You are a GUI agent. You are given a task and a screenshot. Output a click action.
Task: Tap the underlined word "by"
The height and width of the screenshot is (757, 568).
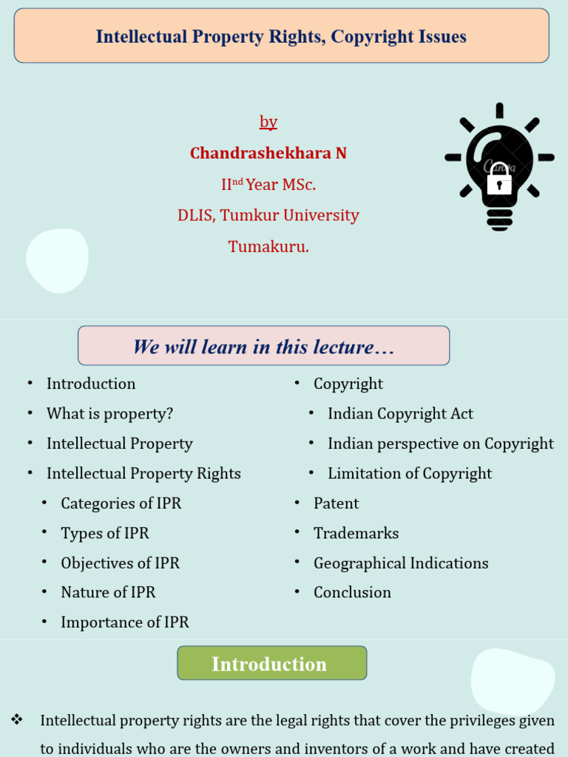click(x=268, y=122)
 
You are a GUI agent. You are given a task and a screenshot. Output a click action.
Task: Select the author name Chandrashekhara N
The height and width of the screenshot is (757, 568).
click(x=268, y=153)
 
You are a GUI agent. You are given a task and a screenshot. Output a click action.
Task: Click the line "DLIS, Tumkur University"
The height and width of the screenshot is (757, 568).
click(x=268, y=215)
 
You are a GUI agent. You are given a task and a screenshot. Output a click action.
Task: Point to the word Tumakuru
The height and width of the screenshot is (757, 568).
click(x=268, y=246)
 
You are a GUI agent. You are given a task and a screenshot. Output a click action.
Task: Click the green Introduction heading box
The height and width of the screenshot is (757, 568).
click(x=271, y=663)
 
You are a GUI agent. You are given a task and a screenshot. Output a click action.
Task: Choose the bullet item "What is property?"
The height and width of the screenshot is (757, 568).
click(x=109, y=413)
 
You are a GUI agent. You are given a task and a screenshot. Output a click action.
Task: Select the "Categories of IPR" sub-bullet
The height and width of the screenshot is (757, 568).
click(x=121, y=503)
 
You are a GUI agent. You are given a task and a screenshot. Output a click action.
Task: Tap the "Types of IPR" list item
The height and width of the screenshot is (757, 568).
click(x=104, y=533)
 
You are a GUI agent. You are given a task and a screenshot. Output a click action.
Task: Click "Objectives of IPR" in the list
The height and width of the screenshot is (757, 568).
click(x=120, y=563)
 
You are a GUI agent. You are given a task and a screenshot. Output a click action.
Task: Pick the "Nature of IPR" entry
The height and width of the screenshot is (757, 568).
click(x=108, y=592)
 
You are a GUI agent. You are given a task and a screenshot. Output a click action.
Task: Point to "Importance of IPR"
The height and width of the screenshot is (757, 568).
click(x=125, y=622)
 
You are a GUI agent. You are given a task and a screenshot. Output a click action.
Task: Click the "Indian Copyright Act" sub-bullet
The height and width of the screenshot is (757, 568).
click(x=400, y=413)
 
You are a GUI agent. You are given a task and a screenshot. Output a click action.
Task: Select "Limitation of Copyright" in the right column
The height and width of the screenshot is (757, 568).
click(x=410, y=473)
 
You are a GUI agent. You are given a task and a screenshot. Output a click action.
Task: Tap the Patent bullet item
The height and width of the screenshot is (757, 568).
click(x=336, y=503)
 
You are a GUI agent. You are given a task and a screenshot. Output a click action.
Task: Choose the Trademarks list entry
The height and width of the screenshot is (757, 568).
click(x=356, y=533)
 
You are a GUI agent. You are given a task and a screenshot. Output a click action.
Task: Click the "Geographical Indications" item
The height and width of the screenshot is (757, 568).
click(x=401, y=563)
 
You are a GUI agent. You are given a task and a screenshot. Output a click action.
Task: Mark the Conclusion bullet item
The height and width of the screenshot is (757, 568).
click(x=352, y=592)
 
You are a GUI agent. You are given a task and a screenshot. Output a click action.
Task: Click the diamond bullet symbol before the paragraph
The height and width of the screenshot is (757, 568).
click(x=17, y=719)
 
